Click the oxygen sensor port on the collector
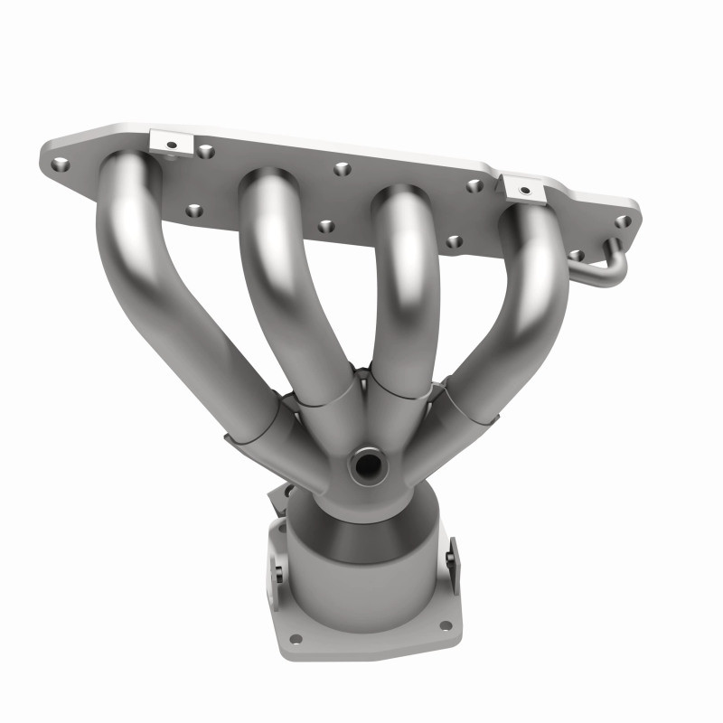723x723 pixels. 368,465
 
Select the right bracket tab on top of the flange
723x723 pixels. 524,188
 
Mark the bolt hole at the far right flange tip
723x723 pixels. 623,221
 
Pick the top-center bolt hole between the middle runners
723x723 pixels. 341,168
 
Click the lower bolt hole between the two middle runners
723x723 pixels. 326,226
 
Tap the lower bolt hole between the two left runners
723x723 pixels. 193,211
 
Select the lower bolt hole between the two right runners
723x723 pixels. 454,241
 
